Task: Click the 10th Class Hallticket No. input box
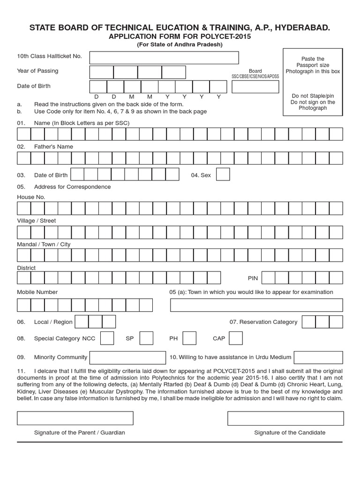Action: click(164, 58)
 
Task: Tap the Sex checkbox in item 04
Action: click(223, 174)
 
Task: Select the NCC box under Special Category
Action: click(107, 338)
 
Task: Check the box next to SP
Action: click(147, 338)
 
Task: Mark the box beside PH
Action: click(189, 338)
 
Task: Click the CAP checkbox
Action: click(235, 338)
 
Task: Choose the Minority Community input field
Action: click(127, 357)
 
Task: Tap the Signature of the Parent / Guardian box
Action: click(75, 418)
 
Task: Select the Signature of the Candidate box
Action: click(285, 418)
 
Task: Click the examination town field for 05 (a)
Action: click(256, 305)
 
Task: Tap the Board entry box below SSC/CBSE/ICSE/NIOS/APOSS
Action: click(255, 87)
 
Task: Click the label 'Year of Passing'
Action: click(37, 71)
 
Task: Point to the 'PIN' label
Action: click(253, 278)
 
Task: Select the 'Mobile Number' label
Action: click(37, 292)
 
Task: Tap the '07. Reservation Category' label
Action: click(263, 322)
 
